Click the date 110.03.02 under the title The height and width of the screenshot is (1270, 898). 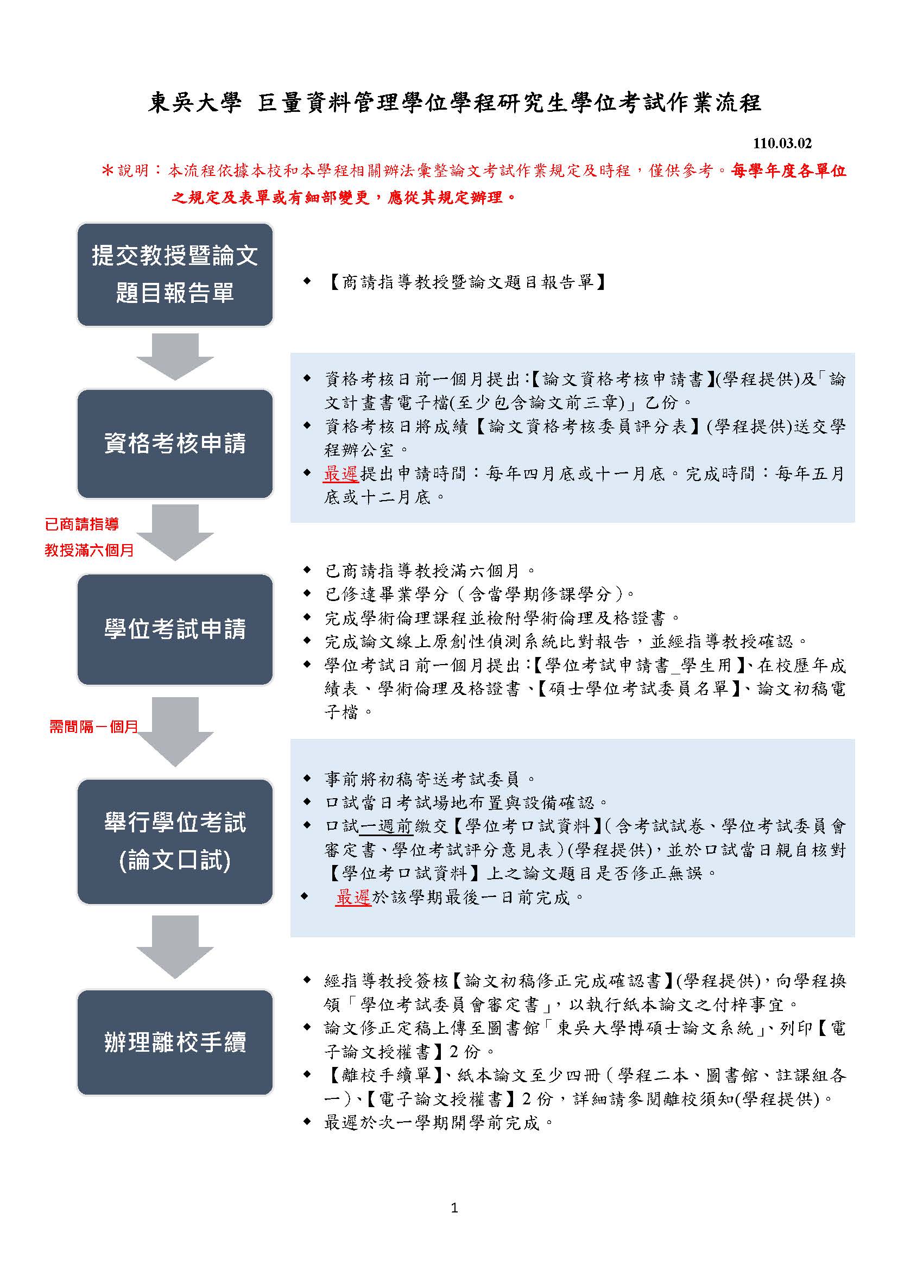pos(782,143)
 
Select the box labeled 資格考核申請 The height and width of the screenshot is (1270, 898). pos(175,444)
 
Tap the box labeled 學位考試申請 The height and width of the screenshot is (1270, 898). pos(175,629)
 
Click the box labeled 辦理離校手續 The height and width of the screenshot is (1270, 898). pos(175,1042)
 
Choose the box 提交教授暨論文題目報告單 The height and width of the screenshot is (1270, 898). pos(175,274)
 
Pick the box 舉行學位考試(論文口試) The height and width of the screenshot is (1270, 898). pos(175,841)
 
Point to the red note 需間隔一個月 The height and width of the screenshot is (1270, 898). pos(93,726)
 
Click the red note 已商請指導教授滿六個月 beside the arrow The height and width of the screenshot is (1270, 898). pos(90,536)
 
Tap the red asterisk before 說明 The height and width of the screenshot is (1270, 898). pos(107,170)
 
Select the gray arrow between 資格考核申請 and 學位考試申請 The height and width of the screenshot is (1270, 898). pos(175,533)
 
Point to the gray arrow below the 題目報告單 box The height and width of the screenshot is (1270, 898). pos(175,357)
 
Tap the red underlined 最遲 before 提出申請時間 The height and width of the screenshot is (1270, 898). pos(341,473)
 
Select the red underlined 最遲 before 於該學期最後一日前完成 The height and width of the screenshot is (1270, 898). pos(353,897)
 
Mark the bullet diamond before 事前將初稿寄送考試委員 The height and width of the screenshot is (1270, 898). pos(307,779)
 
